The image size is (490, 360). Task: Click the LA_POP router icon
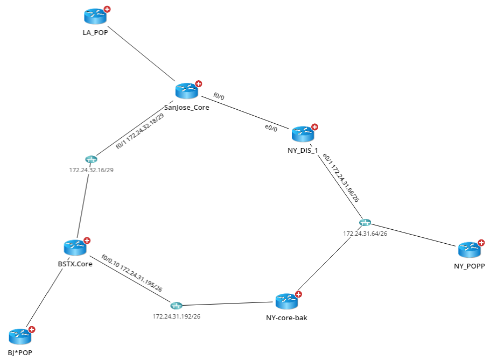point(95,17)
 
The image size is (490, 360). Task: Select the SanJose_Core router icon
point(186,91)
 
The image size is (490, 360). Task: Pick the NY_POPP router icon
point(469,249)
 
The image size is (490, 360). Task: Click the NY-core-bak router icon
point(286,302)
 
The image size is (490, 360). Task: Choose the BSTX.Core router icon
point(74,248)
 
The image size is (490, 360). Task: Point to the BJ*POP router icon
point(20,336)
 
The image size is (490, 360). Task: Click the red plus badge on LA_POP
point(107,9)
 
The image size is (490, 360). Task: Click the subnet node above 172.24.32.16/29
point(91,159)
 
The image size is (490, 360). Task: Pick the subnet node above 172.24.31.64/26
point(365,223)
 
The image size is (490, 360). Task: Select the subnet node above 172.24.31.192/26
point(177,306)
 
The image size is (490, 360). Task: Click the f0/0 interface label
point(219,96)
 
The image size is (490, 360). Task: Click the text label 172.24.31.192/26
point(177,316)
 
